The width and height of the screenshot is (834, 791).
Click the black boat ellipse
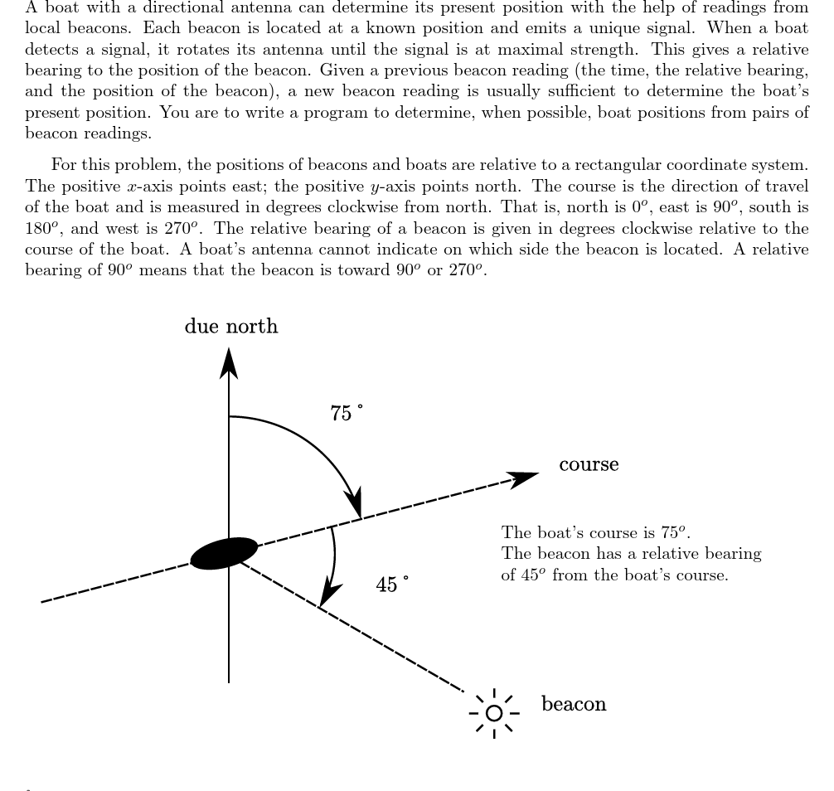click(x=224, y=553)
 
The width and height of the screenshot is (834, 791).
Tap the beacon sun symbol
click(x=494, y=713)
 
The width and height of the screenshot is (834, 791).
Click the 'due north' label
click(x=231, y=327)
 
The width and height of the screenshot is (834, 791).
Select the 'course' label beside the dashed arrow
click(x=589, y=464)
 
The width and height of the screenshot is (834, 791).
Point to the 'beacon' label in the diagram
click(x=574, y=704)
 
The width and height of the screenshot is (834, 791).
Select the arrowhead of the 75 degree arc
click(x=356, y=503)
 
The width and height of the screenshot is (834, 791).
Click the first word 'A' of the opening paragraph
click(x=32, y=7)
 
